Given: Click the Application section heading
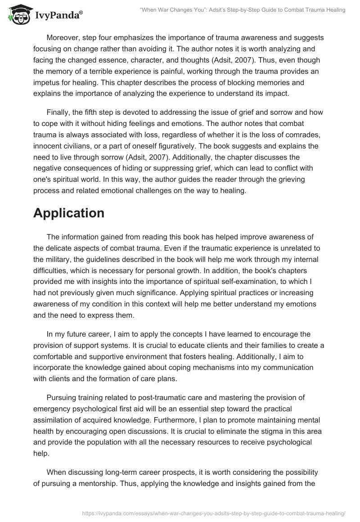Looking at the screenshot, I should click(x=69, y=213).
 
